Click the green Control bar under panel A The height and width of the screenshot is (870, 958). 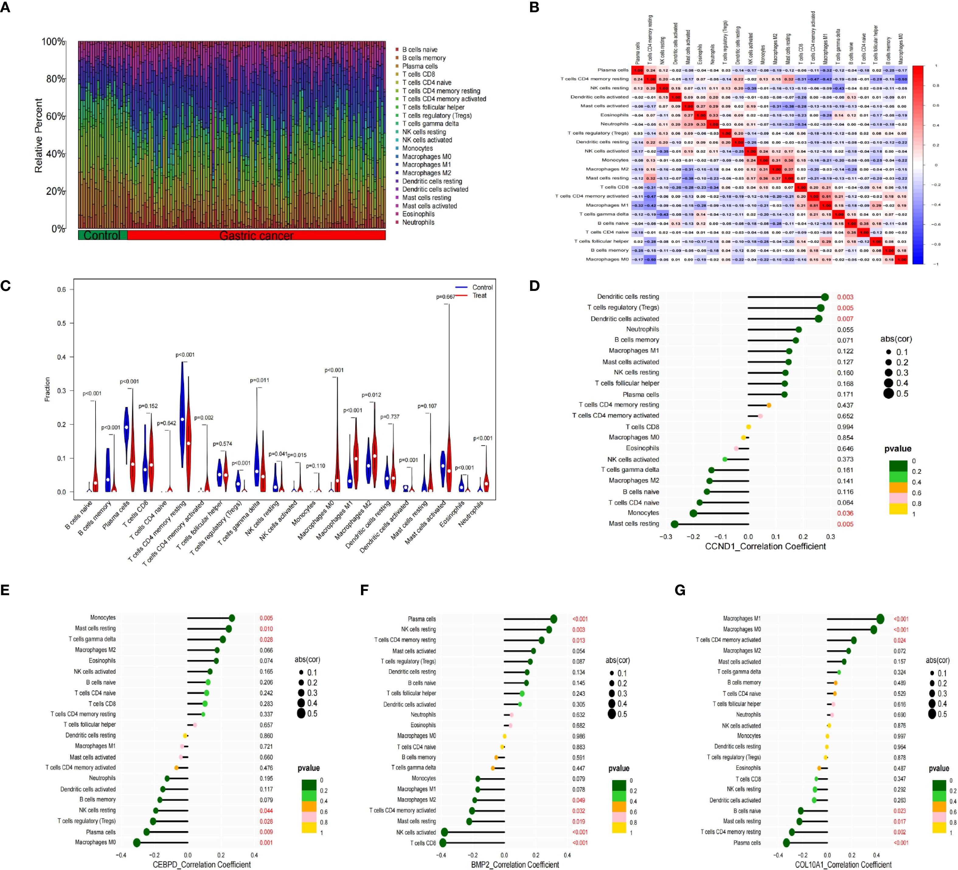[x=102, y=235]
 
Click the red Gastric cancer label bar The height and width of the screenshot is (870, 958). [x=257, y=235]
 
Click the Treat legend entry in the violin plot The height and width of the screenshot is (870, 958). [x=479, y=295]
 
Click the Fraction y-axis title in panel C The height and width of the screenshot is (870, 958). [x=47, y=389]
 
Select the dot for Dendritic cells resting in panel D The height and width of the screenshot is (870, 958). [x=824, y=297]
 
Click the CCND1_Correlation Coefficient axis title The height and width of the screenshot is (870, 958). [x=765, y=546]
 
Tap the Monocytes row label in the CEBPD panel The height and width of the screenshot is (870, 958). [x=103, y=618]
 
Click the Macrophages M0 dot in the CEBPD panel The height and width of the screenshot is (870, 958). [x=137, y=843]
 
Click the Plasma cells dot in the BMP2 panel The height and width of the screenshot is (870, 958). [x=553, y=619]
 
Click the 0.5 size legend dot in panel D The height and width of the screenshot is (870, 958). [x=888, y=394]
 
